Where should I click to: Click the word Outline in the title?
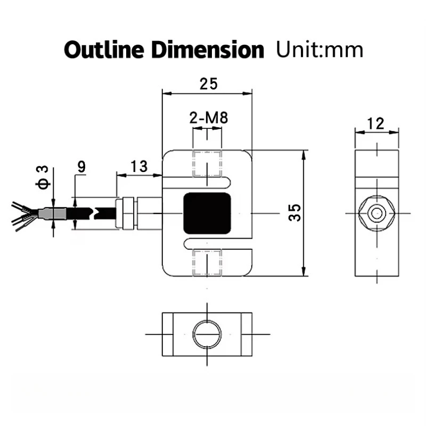pos(102,50)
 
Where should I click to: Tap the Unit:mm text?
pos(319,50)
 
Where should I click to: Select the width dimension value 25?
pos(208,84)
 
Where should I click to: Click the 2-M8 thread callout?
pos(208,118)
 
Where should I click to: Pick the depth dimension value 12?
pos(376,124)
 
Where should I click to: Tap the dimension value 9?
pos(81,166)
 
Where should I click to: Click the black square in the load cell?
pos(208,213)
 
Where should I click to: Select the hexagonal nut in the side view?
pos(377,214)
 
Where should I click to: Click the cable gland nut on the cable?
pos(127,213)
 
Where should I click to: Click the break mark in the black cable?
pos(95,212)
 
